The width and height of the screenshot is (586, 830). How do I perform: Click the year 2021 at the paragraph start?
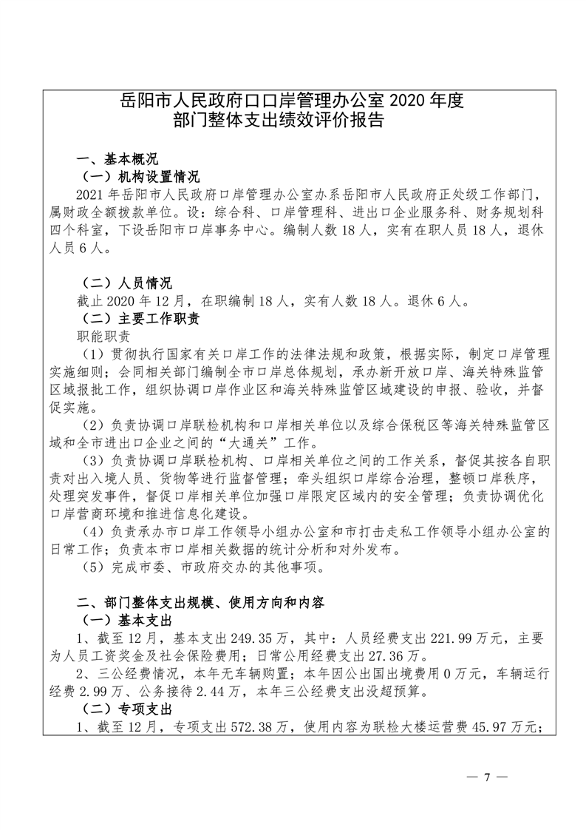pyautogui.click(x=94, y=195)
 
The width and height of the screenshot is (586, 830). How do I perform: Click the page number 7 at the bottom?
pyautogui.click(x=486, y=777)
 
